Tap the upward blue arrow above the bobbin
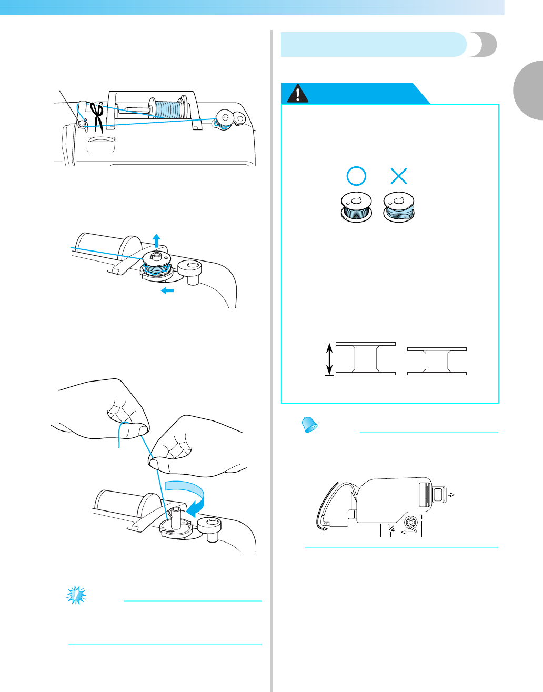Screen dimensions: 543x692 [x=156, y=240]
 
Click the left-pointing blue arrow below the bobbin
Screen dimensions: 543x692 [x=167, y=290]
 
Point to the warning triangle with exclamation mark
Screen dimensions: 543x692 [x=298, y=93]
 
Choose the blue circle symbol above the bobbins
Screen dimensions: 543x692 [x=356, y=176]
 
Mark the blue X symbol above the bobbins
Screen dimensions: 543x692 [x=398, y=176]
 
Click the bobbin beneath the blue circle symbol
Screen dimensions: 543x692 [x=356, y=207]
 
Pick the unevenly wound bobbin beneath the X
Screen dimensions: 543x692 [x=399, y=207]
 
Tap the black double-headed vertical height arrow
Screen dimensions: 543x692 [x=329, y=358]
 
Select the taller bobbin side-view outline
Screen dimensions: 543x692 [x=366, y=358]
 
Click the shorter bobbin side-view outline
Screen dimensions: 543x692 [x=437, y=361]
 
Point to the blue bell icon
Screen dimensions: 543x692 [x=309, y=425]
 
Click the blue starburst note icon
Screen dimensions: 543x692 [x=76, y=595]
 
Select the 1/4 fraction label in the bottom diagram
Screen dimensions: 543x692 [x=391, y=529]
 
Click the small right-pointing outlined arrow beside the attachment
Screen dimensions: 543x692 [x=451, y=495]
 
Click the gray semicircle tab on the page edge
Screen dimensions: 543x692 [x=528, y=90]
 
